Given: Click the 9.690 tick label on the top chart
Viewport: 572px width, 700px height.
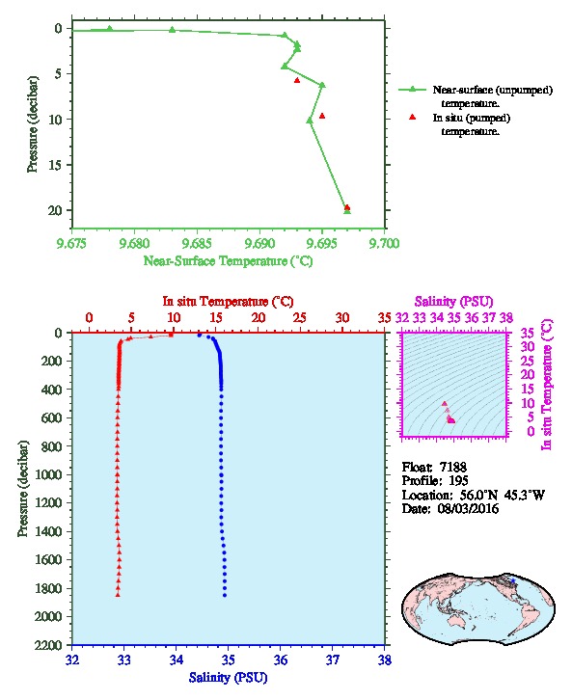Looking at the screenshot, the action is pos(259,243).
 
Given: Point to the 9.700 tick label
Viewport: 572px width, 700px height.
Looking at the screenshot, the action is pos(385,243).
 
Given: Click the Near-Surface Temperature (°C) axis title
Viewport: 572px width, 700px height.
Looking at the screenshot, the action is pos(228,261).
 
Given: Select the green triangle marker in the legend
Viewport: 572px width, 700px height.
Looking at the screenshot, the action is pos(413,90).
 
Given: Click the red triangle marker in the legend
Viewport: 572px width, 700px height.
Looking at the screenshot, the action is pos(413,117).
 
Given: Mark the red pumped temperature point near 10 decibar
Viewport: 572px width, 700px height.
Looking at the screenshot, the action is pos(322,116).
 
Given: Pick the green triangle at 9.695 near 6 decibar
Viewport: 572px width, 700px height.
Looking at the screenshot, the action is pos(322,85).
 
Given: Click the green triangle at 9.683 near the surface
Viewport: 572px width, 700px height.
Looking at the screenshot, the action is pos(173,30).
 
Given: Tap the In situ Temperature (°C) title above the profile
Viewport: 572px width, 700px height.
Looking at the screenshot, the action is pos(228,302).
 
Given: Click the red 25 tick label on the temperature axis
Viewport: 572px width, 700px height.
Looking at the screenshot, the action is pos(300,317).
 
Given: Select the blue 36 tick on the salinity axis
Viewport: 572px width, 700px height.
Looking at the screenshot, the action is pos(281,660).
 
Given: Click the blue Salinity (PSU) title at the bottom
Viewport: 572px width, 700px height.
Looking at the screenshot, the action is pos(229,678).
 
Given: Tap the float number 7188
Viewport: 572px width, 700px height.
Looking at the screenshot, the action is pos(453,467).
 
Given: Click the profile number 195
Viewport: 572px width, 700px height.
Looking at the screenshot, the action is pos(458,481).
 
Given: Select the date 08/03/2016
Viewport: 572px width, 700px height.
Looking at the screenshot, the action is pos(468,508).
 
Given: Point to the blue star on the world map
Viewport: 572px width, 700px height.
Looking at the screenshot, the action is pos(513,580).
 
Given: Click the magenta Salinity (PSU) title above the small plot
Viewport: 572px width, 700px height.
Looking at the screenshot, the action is pos(453,302).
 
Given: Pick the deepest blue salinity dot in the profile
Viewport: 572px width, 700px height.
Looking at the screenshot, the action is pos(225,595).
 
